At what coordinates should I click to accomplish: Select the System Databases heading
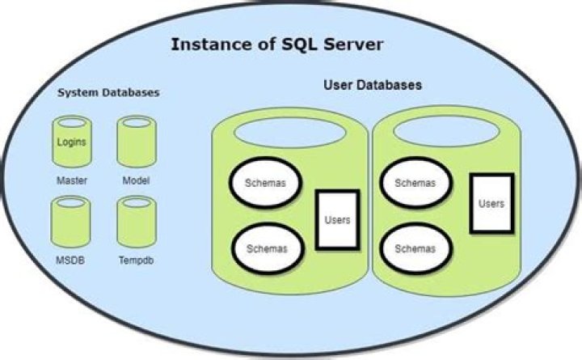click(108, 93)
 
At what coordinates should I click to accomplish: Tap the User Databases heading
click(371, 84)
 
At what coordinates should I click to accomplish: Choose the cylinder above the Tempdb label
click(136, 220)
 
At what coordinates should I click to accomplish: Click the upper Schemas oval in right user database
click(415, 183)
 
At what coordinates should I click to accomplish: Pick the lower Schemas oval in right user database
click(415, 248)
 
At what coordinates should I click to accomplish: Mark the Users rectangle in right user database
click(491, 204)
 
